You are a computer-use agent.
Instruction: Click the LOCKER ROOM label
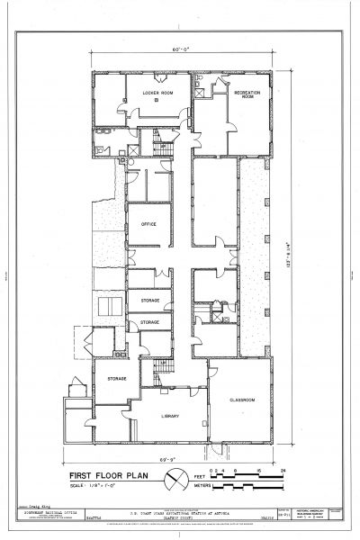point(156,92)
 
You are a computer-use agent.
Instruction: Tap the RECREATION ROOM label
point(248,94)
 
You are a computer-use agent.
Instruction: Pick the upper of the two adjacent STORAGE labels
point(150,300)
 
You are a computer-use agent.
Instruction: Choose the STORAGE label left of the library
point(117,380)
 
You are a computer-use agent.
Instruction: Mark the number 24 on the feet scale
point(283,470)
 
